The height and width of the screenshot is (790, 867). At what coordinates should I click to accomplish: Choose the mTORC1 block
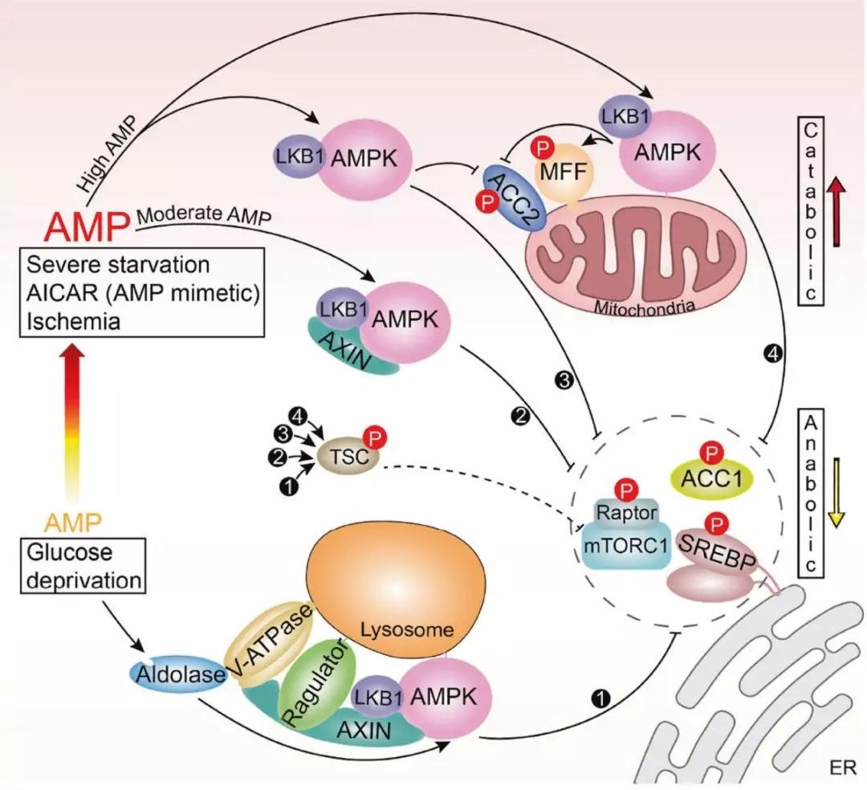pyautogui.click(x=625, y=544)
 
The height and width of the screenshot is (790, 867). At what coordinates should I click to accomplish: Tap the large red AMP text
pyautogui.click(x=87, y=228)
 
